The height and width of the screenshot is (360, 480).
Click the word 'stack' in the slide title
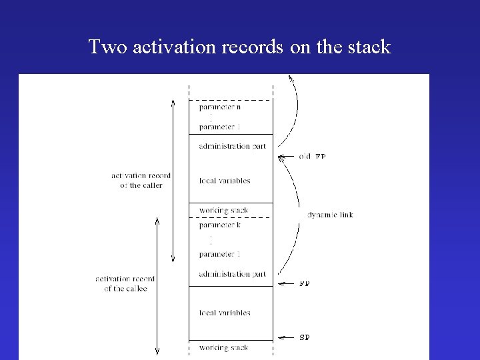coord(367,47)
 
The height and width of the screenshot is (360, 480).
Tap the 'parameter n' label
coord(219,107)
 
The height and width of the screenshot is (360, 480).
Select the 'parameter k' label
coord(219,225)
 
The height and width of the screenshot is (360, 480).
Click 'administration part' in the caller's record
coord(232,146)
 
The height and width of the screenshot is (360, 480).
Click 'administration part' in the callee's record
coord(232,274)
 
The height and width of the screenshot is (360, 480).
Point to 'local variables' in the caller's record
coord(225,181)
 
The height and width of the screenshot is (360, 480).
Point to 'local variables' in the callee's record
coord(225,313)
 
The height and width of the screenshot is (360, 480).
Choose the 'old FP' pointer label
coord(311,157)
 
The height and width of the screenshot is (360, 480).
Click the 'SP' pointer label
coord(304,337)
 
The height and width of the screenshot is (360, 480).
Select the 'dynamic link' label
coord(330,215)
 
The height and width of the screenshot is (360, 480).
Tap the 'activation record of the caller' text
coord(141,181)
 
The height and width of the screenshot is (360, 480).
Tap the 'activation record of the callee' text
coord(125,283)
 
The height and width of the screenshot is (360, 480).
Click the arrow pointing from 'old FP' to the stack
coord(285,157)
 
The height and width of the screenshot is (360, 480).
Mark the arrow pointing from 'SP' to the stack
coord(285,337)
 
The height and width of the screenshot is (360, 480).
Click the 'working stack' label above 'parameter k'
coord(223,211)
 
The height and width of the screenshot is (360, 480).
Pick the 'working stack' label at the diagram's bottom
coord(223,348)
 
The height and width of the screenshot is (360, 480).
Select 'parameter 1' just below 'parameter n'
coord(219,127)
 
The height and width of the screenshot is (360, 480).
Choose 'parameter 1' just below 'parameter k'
coord(219,254)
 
